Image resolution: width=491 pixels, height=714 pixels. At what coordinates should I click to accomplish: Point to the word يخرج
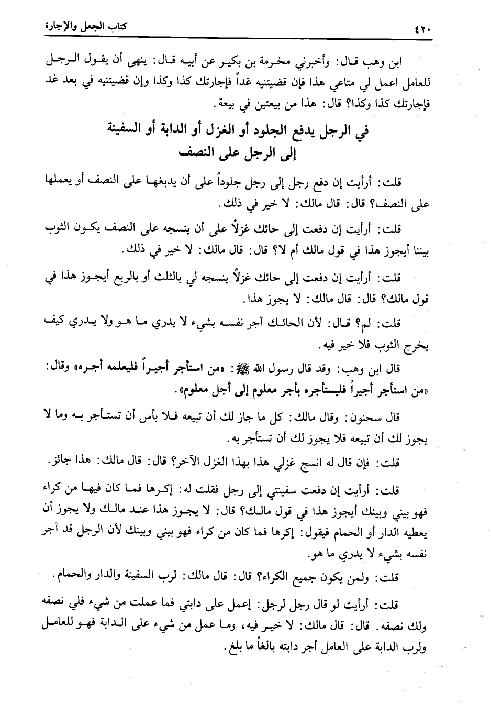417,346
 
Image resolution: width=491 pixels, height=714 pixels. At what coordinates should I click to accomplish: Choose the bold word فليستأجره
317,391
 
